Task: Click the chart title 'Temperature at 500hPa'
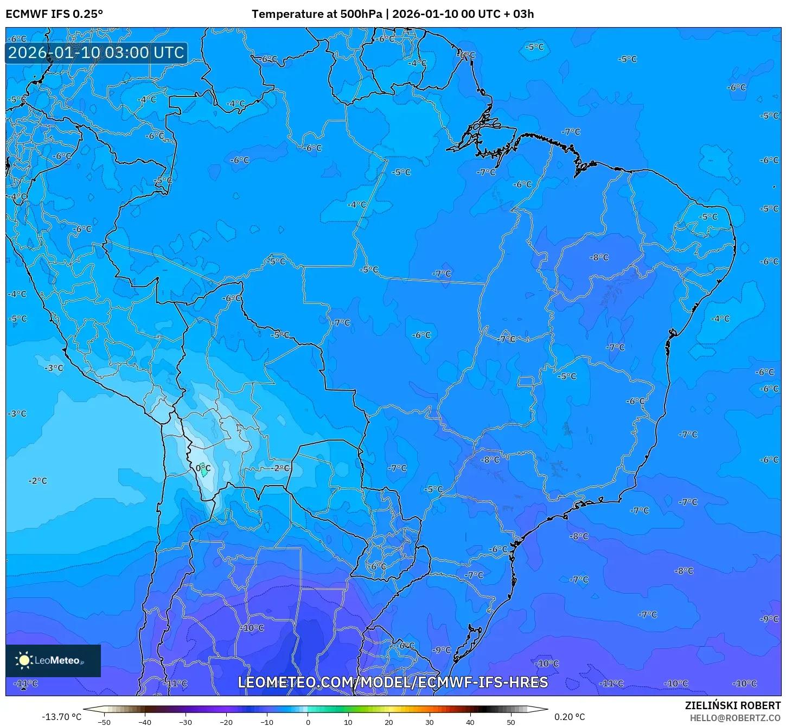pyautogui.click(x=316, y=14)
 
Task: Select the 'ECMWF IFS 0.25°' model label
pyautogui.click(x=54, y=14)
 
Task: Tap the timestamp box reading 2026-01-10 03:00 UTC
pyautogui.click(x=97, y=53)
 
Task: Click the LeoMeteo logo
pyautogui.click(x=53, y=660)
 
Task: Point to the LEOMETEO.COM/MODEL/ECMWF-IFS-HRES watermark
pyautogui.click(x=393, y=682)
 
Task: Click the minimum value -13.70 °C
pyautogui.click(x=61, y=717)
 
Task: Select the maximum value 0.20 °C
pyautogui.click(x=569, y=717)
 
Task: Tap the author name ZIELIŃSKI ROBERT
pyautogui.click(x=732, y=706)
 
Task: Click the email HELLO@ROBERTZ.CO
pyautogui.click(x=735, y=718)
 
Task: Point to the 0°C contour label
pyautogui.click(x=203, y=468)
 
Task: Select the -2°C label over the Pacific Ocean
pyautogui.click(x=38, y=481)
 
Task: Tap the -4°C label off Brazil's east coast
pyautogui.click(x=721, y=319)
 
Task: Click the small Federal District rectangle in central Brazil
pyautogui.click(x=525, y=381)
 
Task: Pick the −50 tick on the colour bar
pyautogui.click(x=104, y=722)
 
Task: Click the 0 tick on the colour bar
pyautogui.click(x=308, y=722)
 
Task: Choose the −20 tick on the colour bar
pyautogui.click(x=226, y=722)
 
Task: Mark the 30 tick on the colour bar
pyautogui.click(x=430, y=722)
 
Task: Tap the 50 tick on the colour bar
pyautogui.click(x=511, y=722)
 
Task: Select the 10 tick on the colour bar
pyautogui.click(x=348, y=722)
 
